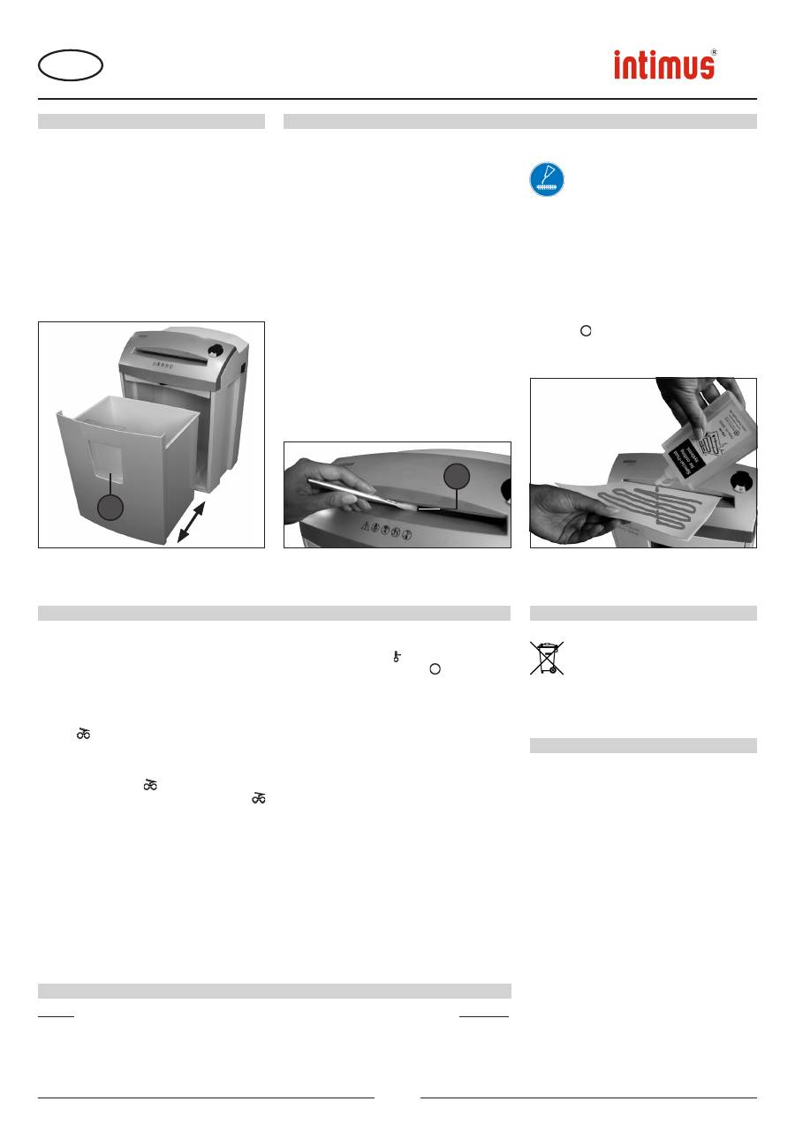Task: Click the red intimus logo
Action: pyautogui.click(x=664, y=65)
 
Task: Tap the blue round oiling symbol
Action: pyautogui.click(x=547, y=179)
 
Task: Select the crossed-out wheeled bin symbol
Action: pyautogui.click(x=547, y=658)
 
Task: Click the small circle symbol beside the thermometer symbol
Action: pyautogui.click(x=435, y=668)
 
